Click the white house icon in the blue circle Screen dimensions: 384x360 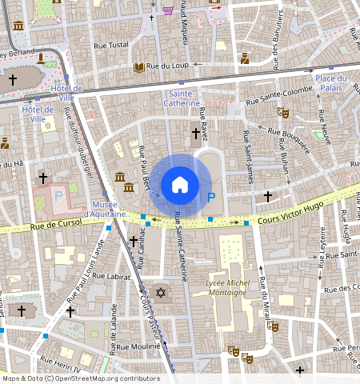tap(180, 186)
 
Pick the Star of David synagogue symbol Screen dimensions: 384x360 tap(160, 293)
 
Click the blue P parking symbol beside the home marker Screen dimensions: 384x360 tap(211, 198)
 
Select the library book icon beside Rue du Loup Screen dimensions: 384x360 tap(139, 67)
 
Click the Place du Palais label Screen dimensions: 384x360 tap(330, 82)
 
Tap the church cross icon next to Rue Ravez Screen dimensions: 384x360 tap(195, 133)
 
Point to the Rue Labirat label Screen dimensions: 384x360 tap(110, 276)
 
